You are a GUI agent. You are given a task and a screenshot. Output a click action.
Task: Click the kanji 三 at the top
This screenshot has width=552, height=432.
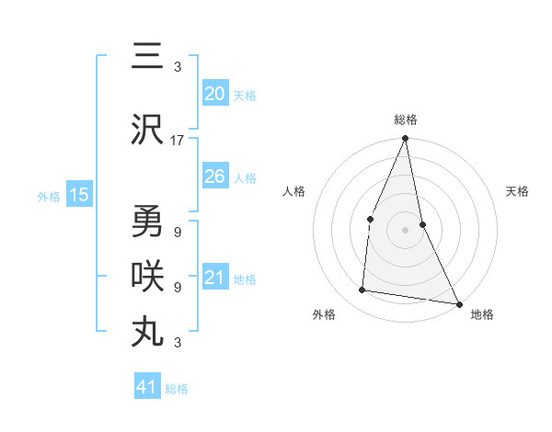click(147, 58)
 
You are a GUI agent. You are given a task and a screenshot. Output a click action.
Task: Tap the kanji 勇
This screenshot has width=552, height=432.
click(147, 221)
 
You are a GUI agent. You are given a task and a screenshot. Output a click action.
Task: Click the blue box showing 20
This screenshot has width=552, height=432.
click(215, 94)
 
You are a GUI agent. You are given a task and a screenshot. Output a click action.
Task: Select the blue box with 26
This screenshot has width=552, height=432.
click(215, 176)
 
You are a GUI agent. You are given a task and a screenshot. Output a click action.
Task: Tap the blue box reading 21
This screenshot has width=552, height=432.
click(215, 278)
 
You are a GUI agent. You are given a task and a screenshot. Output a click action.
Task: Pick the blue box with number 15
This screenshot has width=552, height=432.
click(78, 195)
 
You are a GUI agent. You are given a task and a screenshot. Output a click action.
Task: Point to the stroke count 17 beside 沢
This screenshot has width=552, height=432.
click(178, 141)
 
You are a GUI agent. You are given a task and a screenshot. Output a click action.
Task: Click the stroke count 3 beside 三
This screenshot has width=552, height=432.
click(178, 67)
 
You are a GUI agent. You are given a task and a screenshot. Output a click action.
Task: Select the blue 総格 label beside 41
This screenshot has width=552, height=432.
click(177, 389)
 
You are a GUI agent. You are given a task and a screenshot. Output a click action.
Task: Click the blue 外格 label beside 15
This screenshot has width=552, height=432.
click(49, 196)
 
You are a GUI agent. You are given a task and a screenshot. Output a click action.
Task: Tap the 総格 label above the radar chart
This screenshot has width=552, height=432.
click(406, 119)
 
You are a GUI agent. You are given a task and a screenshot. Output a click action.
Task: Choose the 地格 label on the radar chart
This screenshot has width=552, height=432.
click(482, 314)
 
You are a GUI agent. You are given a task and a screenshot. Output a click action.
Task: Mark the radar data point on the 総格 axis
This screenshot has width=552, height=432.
click(405, 139)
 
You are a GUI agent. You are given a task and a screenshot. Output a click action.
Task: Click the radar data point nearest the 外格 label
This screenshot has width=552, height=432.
click(362, 290)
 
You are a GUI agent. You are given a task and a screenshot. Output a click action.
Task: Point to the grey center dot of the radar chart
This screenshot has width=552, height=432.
click(405, 229)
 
